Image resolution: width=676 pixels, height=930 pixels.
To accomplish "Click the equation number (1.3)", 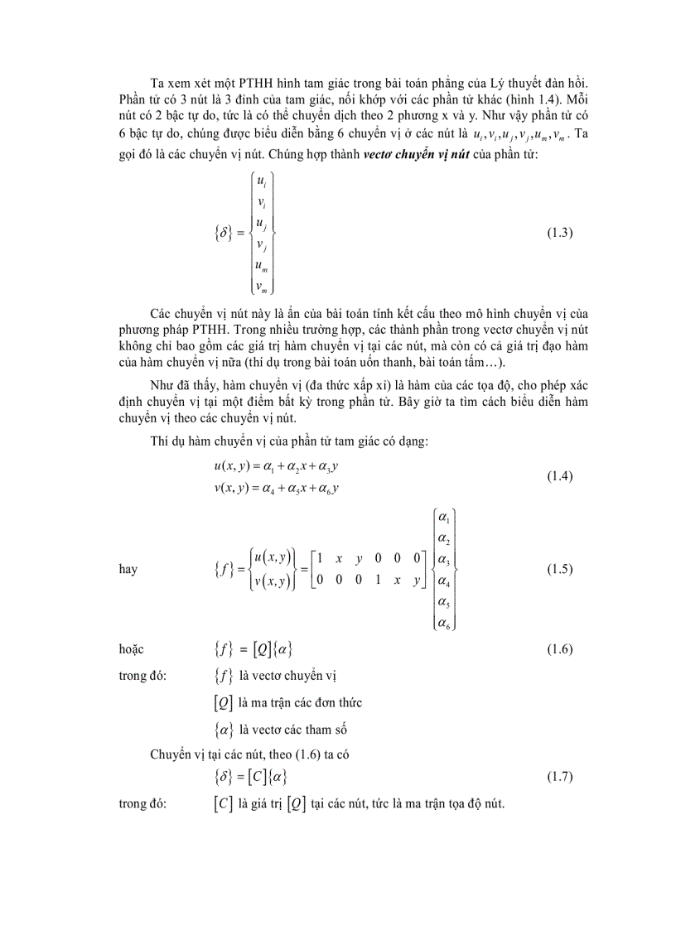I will [559, 233].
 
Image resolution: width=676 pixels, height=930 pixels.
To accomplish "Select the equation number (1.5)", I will [559, 569].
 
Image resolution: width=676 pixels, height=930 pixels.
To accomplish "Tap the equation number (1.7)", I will [559, 777].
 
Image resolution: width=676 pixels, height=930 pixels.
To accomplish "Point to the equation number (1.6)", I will [559, 649].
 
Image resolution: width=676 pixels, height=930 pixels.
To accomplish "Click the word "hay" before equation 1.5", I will [128, 570].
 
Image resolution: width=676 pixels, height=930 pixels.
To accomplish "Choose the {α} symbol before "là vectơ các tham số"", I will [223, 730].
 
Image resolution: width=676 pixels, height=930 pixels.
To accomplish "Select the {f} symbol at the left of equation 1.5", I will [224, 570].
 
